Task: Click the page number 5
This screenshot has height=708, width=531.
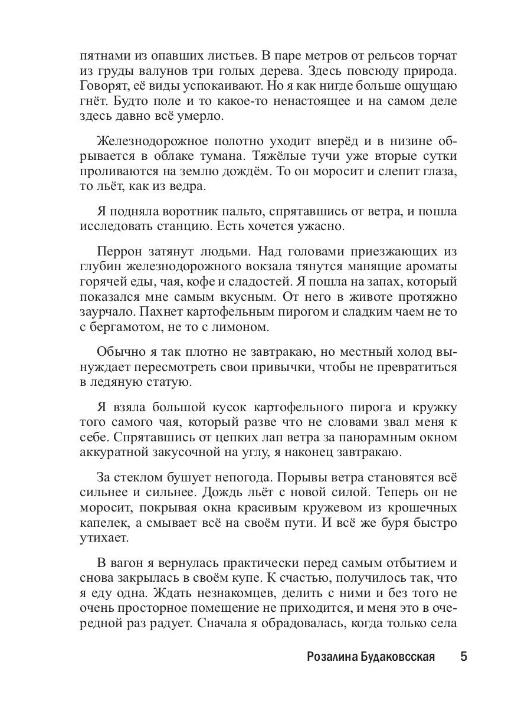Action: coord(463,657)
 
